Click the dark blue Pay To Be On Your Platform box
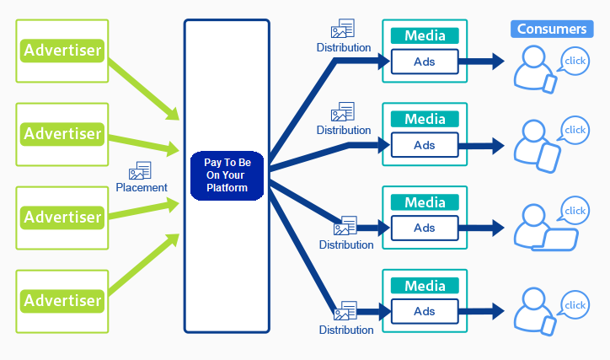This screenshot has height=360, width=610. pyautogui.click(x=227, y=175)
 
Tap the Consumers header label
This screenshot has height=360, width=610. pyautogui.click(x=552, y=29)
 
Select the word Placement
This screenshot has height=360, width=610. pyautogui.click(x=142, y=188)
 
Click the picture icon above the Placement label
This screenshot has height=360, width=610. pyautogui.click(x=140, y=170)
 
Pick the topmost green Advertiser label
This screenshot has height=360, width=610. pyautogui.click(x=62, y=51)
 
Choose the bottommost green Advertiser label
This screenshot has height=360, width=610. pyautogui.click(x=62, y=301)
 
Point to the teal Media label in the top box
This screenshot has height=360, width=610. pyautogui.click(x=425, y=35)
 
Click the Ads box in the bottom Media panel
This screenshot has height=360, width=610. pyautogui.click(x=425, y=311)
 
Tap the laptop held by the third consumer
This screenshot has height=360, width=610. pyautogui.click(x=555, y=239)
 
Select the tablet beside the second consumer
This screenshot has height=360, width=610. pyautogui.click(x=548, y=158)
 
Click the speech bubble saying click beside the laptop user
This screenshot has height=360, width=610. pyautogui.click(x=575, y=211)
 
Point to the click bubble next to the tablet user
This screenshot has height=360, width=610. pyautogui.click(x=575, y=130)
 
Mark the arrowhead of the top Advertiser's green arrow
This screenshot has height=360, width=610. pyautogui.click(x=173, y=114)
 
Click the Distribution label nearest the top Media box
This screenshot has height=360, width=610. pyautogui.click(x=344, y=47)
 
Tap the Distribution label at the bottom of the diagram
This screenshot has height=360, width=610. pyautogui.click(x=346, y=330)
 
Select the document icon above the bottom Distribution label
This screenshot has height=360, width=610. pyautogui.click(x=345, y=310)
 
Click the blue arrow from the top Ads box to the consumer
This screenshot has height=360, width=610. pyautogui.click(x=482, y=62)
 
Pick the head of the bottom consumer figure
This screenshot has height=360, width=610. pyautogui.click(x=534, y=299)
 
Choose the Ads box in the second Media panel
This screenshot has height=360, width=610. pyautogui.click(x=425, y=145)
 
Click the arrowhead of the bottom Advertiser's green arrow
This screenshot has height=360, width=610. pyautogui.click(x=173, y=240)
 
